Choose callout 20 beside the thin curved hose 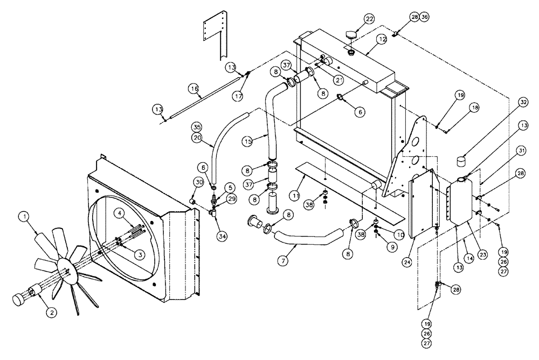point(197,137)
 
